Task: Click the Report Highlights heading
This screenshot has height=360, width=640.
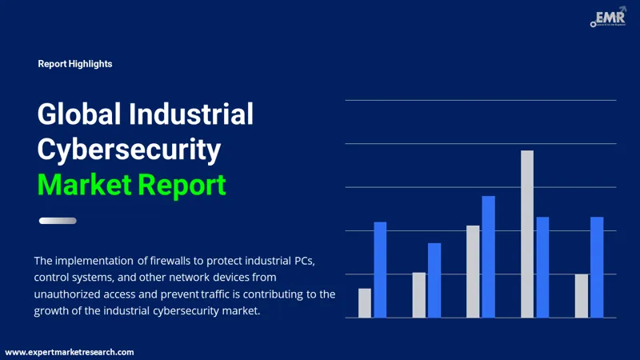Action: [x=75, y=64]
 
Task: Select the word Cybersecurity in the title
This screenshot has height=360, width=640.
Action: [x=129, y=150]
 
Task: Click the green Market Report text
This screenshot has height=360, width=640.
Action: [x=132, y=185]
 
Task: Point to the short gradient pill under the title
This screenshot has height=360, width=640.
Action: [x=58, y=221]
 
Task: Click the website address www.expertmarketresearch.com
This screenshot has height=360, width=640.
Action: [x=70, y=352]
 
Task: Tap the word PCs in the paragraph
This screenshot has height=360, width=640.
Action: [x=305, y=261]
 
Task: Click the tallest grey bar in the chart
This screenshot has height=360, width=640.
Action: [x=527, y=234]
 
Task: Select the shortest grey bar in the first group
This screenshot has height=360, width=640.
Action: [x=365, y=302]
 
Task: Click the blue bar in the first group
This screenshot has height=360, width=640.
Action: [x=380, y=270]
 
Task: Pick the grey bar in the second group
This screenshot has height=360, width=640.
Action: [x=419, y=294]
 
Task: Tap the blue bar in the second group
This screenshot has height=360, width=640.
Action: [x=434, y=280]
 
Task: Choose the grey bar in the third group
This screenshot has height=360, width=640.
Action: [x=474, y=271]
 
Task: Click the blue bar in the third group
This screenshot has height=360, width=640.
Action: [x=488, y=257]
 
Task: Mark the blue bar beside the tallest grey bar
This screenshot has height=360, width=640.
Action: [x=542, y=267]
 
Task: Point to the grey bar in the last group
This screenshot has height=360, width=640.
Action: [x=582, y=295]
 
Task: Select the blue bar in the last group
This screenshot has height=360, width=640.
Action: [x=597, y=267]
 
